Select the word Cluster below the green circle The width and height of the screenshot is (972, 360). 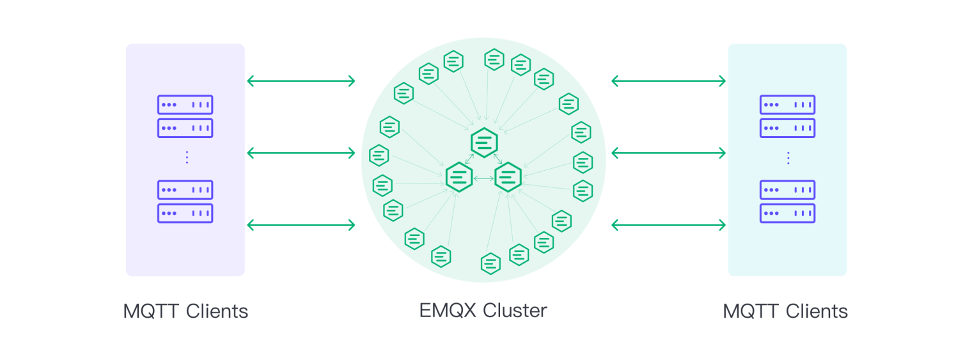click(x=515, y=311)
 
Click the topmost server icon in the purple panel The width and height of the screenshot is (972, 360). click(x=185, y=105)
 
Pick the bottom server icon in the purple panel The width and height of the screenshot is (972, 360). click(x=185, y=213)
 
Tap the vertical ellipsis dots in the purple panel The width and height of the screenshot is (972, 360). click(x=186, y=157)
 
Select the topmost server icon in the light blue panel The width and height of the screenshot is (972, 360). click(x=787, y=105)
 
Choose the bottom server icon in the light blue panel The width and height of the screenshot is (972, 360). click(x=787, y=213)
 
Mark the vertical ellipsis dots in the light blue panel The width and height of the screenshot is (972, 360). click(x=788, y=157)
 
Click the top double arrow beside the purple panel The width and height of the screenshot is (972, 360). click(x=301, y=81)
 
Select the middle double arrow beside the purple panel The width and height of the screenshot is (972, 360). click(x=301, y=153)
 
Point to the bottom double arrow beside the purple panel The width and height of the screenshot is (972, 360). click(x=301, y=224)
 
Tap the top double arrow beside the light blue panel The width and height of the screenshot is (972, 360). click(x=668, y=81)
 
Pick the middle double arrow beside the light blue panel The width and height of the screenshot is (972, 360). click(x=668, y=153)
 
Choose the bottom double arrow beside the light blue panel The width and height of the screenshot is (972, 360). click(x=668, y=224)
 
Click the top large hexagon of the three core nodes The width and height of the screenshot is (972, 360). click(x=484, y=142)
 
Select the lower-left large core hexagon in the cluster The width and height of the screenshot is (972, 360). click(x=459, y=177)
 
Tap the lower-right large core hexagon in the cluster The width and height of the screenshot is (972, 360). click(x=508, y=177)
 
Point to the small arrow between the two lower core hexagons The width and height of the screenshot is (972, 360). click(x=483, y=178)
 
